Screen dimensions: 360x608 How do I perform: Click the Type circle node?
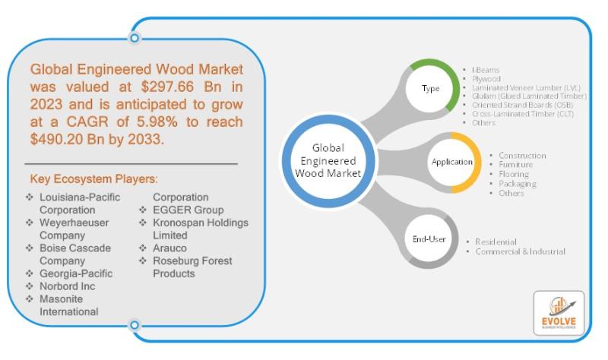[430, 89]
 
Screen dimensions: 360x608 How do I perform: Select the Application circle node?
[451, 162]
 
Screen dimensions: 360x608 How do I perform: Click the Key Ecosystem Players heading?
[94, 180]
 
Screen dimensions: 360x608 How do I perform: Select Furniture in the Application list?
[515, 164]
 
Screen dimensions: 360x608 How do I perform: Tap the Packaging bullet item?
[516, 184]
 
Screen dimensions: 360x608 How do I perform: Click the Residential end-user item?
[496, 242]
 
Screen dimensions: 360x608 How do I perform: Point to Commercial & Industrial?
[520, 251]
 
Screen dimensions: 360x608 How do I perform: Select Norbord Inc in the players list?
[70, 286]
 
